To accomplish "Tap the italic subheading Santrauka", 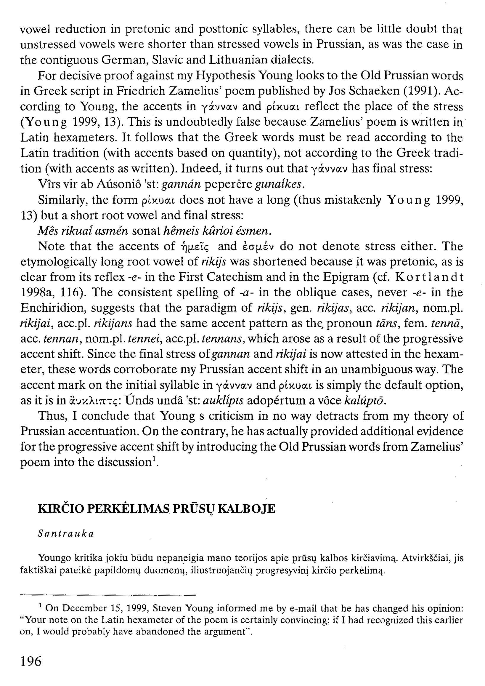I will [x=66, y=534].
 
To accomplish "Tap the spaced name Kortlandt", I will [x=429, y=277].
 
